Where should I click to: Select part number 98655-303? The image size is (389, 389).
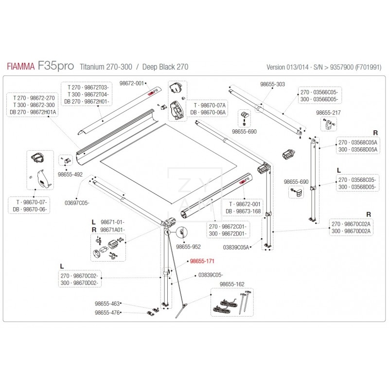click(272, 84)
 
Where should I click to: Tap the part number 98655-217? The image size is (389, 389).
click(328, 112)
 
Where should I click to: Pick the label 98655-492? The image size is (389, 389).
click(70, 173)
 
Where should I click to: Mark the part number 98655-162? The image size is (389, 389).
click(232, 283)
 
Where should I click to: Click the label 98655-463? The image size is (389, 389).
click(107, 303)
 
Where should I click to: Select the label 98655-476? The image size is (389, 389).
click(107, 313)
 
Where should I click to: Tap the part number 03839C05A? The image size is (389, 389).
click(236, 247)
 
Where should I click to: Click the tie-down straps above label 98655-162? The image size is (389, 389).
click(229, 302)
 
